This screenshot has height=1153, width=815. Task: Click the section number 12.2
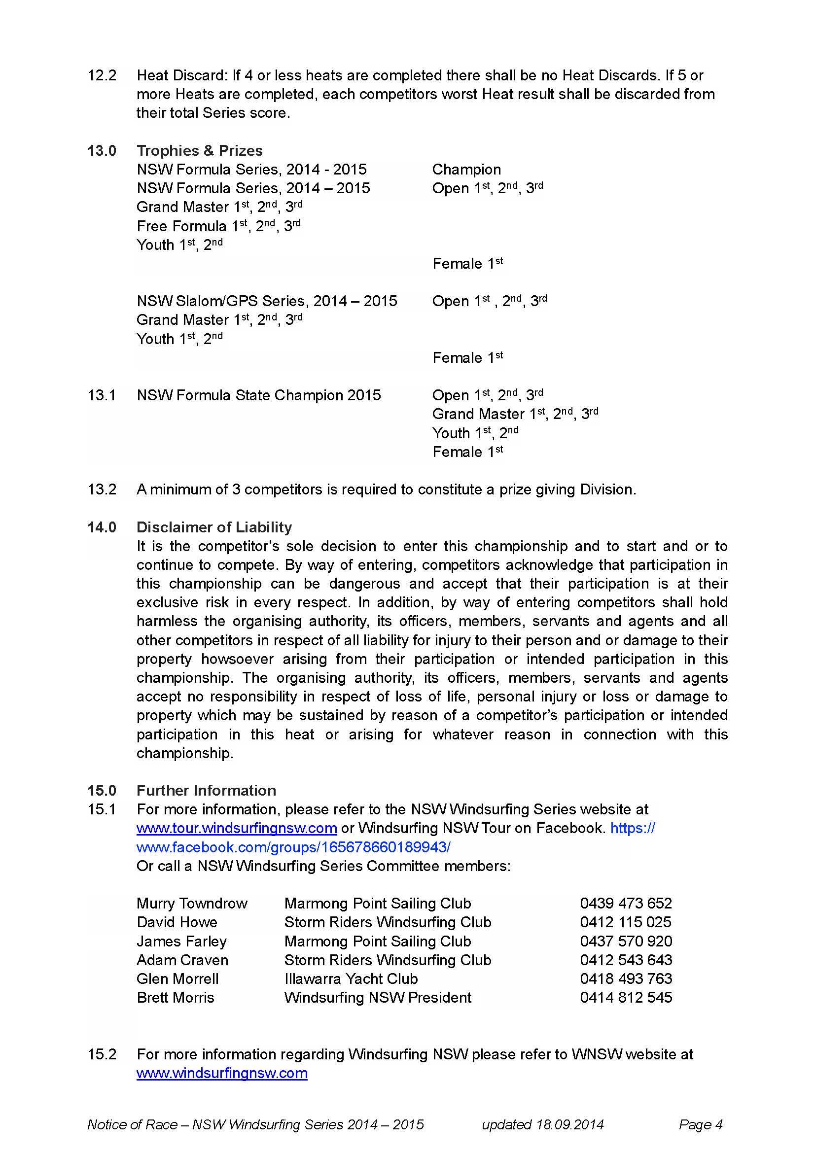click(102, 75)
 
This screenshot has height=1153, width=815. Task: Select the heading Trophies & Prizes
click(199, 151)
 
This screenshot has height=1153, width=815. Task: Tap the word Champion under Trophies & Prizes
click(466, 170)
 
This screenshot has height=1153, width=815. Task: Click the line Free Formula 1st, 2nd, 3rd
click(218, 226)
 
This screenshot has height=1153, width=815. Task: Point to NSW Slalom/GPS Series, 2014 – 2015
click(267, 301)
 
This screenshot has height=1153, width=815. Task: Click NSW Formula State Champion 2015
click(259, 395)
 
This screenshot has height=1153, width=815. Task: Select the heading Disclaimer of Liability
click(214, 527)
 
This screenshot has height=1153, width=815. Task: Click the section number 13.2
click(102, 489)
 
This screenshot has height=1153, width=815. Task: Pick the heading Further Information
click(206, 790)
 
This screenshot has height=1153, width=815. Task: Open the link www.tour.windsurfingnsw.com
click(237, 828)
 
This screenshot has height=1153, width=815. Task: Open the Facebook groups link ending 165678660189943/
click(293, 847)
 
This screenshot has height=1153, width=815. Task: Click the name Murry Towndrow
click(192, 904)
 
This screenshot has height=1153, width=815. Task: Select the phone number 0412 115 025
click(625, 922)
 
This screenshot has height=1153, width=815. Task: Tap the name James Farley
click(181, 941)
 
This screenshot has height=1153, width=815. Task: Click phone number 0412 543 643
click(625, 960)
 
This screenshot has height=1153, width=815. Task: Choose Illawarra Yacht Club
click(351, 979)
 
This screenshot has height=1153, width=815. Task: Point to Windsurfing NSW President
click(378, 997)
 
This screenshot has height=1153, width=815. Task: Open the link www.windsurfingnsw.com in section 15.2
click(222, 1073)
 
